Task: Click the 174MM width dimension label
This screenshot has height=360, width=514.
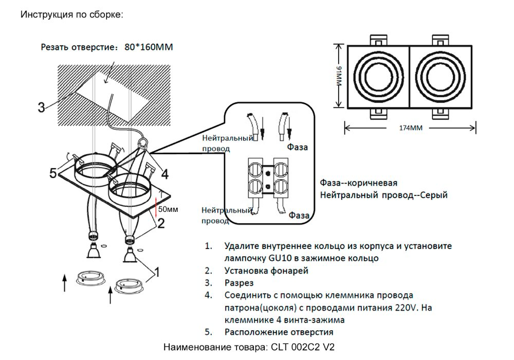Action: click(410, 128)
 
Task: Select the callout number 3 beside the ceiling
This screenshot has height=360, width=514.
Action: click(41, 107)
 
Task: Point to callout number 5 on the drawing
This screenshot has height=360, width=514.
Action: click(53, 172)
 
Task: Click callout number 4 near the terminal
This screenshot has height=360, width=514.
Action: click(164, 174)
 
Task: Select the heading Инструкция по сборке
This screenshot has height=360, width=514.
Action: click(71, 14)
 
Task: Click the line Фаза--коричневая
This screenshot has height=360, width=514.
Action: click(358, 184)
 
